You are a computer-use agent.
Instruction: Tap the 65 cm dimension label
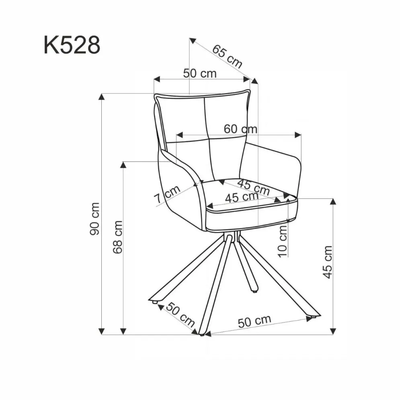[228, 56]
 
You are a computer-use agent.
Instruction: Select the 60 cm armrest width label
[240, 129]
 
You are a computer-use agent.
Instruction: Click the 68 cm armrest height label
[117, 237]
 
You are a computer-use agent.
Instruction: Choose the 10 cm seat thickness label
[283, 240]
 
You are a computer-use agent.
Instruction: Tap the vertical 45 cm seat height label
[328, 262]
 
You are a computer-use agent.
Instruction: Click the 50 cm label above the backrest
[200, 74]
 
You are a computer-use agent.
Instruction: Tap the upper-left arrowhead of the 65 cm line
[193, 40]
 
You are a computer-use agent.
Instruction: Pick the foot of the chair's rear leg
[254, 289]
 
